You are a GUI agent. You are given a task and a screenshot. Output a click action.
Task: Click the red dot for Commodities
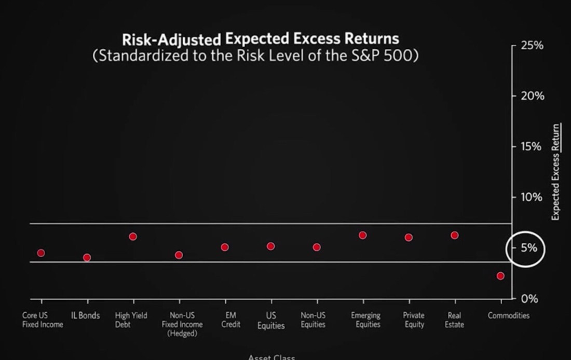500,276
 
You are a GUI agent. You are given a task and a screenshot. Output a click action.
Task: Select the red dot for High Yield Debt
133,236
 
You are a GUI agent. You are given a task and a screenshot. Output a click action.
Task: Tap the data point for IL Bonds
87,258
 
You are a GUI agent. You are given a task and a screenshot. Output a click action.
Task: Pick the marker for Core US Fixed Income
41,253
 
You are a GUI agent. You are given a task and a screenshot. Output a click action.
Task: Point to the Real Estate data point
455,235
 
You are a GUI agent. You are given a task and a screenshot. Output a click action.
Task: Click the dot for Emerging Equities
363,235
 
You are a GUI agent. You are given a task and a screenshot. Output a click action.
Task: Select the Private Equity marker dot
409,237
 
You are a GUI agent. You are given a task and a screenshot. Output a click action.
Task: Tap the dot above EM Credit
225,247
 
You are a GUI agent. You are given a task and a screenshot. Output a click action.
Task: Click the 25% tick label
532,46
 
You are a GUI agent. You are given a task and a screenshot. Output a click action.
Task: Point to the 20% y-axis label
532,96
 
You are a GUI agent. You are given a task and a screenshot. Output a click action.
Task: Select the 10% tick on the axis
532,197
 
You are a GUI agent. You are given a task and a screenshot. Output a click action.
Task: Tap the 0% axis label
529,299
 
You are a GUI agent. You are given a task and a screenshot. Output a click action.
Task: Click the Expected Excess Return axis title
555,172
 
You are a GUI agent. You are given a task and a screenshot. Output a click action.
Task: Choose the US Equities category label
271,321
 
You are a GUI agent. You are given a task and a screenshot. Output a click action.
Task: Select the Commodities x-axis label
508,315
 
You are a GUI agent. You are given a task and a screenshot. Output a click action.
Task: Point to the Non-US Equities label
313,320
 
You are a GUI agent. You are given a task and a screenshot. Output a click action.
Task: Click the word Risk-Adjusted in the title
171,39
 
